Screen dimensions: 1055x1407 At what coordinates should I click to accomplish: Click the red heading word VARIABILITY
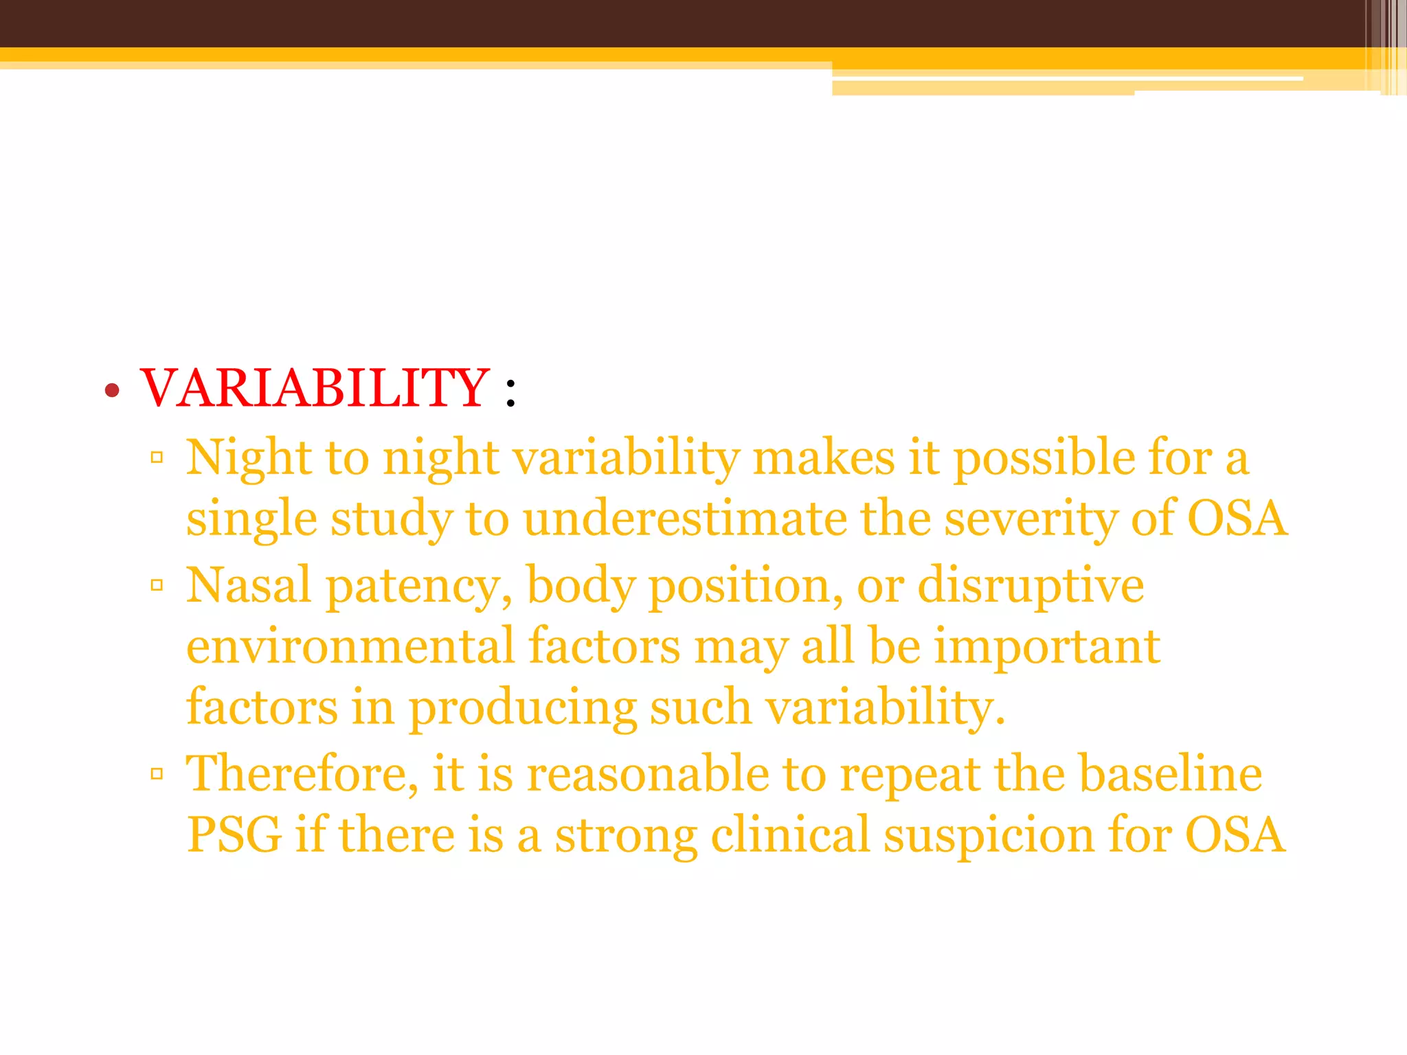point(315,389)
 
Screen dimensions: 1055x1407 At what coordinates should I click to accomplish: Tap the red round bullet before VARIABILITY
point(113,392)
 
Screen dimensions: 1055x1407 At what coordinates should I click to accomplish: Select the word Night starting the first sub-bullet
point(249,459)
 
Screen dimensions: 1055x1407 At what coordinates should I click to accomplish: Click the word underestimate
point(685,519)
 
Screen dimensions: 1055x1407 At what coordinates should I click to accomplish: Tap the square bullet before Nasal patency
point(157,585)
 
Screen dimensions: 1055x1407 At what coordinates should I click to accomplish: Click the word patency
point(418,587)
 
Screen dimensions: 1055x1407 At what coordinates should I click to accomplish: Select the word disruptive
point(1031,587)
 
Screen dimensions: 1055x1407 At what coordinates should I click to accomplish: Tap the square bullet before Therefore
point(157,774)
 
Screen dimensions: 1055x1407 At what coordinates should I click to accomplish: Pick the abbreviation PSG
point(234,835)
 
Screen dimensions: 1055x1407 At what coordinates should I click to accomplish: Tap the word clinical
point(790,835)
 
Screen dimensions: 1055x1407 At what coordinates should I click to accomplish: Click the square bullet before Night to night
point(157,457)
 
